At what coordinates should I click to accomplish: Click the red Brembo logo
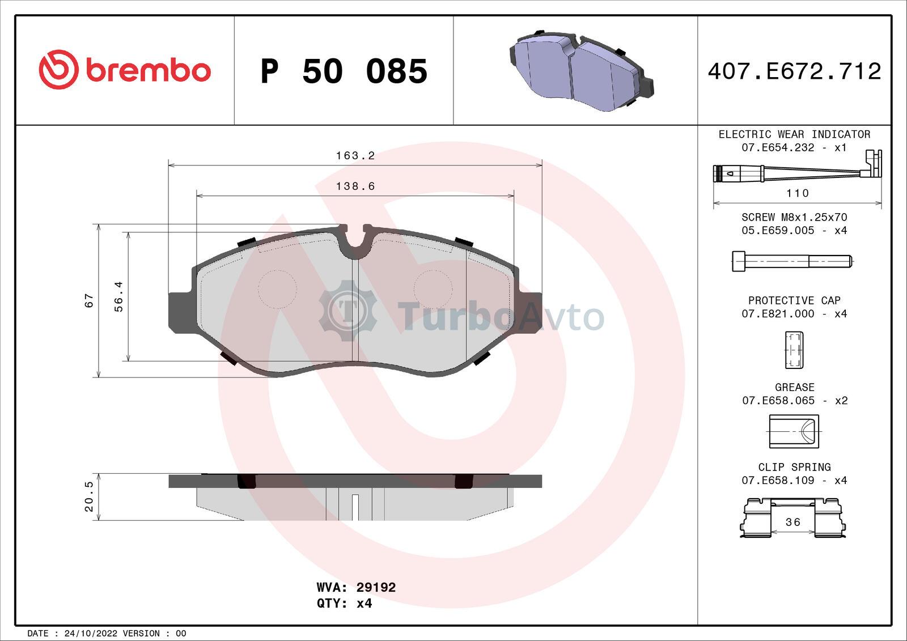[x=125, y=70]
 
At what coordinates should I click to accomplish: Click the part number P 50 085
[x=344, y=71]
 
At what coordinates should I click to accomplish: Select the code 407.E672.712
[x=794, y=71]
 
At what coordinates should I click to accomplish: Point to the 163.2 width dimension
[x=355, y=155]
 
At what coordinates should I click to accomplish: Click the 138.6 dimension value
[x=355, y=186]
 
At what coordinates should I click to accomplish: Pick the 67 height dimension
[x=88, y=300]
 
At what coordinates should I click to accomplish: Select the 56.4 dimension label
[x=118, y=297]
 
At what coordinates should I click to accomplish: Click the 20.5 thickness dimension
[x=88, y=496]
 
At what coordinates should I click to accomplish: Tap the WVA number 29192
[x=376, y=587]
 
